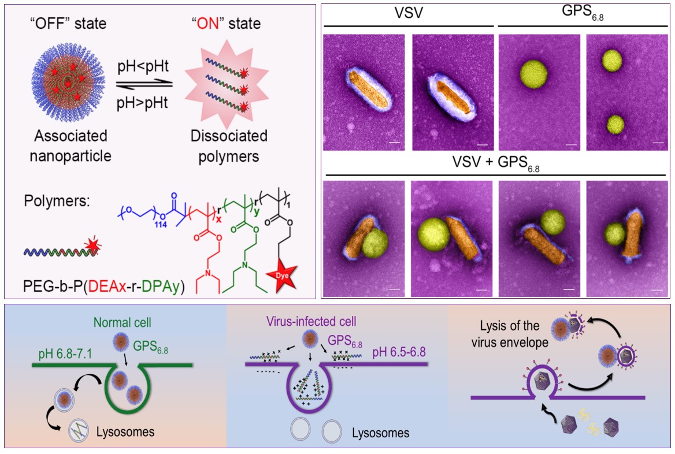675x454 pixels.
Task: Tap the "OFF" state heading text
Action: click(x=69, y=24)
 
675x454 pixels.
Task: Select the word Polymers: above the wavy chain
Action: click(x=57, y=206)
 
